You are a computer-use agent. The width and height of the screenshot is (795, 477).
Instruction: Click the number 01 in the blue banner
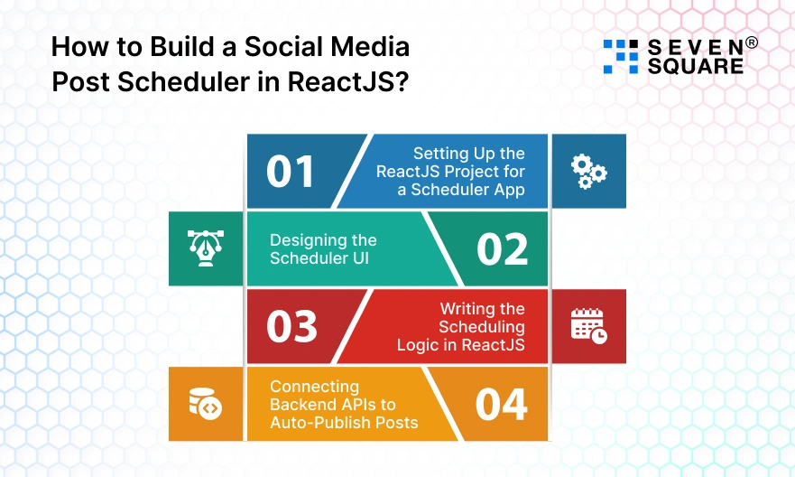coord(291,172)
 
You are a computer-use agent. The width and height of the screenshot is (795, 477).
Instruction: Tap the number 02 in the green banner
coord(503,249)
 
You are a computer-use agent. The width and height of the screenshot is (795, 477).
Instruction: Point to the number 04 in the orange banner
coord(502,405)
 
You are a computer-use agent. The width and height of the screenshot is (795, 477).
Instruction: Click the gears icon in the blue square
coord(588,171)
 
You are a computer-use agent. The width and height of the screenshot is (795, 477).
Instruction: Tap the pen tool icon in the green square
coord(205,248)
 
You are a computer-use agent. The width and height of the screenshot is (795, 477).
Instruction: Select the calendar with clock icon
coord(588,326)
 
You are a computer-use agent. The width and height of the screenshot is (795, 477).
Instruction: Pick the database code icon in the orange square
coord(205,404)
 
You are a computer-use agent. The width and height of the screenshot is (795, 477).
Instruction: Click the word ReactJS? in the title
coord(349,81)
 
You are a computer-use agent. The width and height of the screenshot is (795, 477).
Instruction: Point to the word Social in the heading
coord(282,46)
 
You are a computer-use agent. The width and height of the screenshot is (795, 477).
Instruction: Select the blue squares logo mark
coord(620,56)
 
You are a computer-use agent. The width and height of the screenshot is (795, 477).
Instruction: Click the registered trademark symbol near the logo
coord(750,42)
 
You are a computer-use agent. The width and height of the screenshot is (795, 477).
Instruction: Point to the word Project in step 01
coord(481,172)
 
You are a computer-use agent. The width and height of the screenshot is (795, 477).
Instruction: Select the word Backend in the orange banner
coord(302,405)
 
